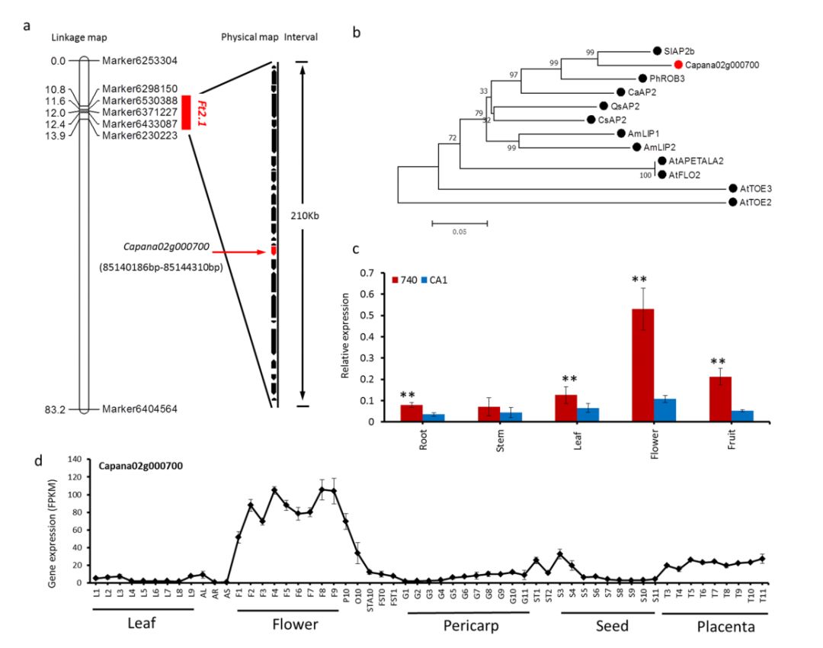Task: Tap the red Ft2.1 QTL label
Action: point(203,111)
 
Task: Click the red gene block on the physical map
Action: point(274,250)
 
